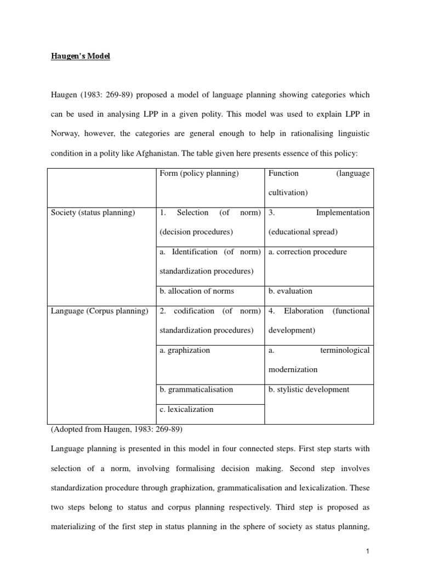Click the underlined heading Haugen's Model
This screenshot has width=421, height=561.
80,56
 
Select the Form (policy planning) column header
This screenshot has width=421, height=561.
199,174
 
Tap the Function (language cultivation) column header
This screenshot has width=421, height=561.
318,183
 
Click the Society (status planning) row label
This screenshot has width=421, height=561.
93,213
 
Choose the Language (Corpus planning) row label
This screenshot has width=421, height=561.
99,311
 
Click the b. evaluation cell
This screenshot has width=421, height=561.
290,291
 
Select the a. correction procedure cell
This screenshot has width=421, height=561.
308,252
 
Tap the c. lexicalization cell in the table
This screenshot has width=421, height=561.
186,409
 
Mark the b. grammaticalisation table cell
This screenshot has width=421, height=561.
196,390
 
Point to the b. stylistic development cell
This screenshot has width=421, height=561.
309,390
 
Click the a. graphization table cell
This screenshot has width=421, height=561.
185,350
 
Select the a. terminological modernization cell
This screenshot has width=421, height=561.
318,359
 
